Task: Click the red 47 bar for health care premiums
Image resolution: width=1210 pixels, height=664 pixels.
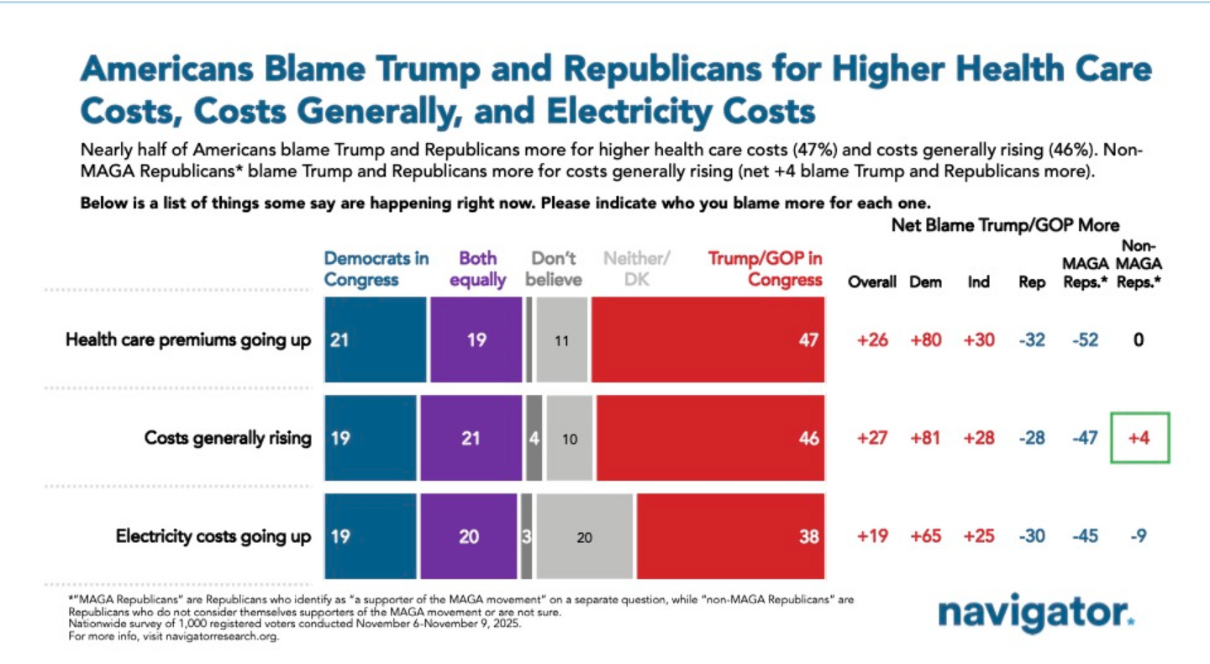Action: point(708,341)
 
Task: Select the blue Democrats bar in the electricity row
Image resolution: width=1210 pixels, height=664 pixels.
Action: point(369,536)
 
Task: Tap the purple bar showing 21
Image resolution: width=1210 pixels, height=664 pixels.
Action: point(471,438)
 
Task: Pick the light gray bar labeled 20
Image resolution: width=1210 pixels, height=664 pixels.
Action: point(584,536)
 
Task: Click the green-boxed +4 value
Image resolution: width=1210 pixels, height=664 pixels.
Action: point(1139,438)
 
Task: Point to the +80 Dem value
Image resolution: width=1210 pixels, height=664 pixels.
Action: point(925,341)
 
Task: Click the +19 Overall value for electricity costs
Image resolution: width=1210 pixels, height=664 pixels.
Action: point(871,536)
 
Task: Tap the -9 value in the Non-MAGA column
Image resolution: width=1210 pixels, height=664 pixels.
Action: point(1139,536)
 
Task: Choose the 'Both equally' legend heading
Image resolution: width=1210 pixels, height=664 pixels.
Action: point(477,269)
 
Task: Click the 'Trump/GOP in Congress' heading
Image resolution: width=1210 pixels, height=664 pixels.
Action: point(764,269)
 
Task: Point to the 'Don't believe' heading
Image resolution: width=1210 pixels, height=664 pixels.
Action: point(554,269)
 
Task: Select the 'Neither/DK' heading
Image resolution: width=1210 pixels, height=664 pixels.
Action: point(636,269)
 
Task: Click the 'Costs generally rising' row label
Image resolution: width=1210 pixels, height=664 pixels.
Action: point(228,438)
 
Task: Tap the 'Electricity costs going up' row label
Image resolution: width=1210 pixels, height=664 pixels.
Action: point(213,536)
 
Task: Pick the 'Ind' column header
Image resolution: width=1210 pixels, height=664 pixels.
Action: point(978,282)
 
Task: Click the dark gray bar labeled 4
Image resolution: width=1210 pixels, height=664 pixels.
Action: point(534,438)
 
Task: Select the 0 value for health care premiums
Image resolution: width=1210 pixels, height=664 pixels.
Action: point(1139,341)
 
